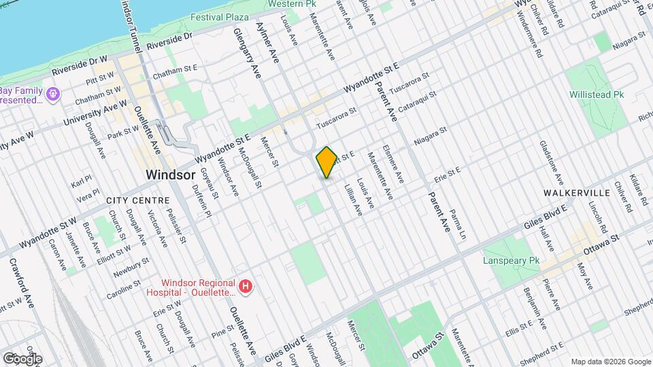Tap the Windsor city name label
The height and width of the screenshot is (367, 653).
(x=171, y=175)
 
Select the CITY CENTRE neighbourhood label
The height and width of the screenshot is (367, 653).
(x=137, y=200)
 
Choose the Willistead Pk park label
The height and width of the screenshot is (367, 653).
(x=597, y=95)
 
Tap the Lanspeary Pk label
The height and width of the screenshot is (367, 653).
(x=511, y=260)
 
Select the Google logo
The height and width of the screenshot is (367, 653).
(x=22, y=358)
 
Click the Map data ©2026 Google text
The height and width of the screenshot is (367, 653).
(x=610, y=361)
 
